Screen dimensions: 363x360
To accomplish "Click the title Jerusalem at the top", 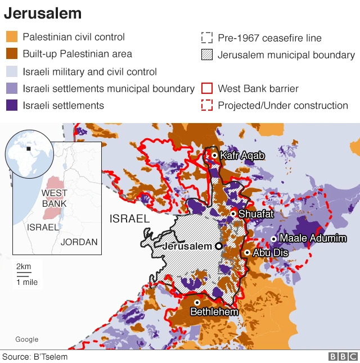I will pos(43,13).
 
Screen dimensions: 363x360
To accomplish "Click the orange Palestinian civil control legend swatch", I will pos(12,37).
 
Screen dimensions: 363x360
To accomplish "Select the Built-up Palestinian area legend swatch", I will pos(12,55).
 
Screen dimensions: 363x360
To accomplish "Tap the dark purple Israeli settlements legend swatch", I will pos(12,105).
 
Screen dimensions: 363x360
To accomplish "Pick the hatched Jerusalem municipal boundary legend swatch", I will pos(207,55).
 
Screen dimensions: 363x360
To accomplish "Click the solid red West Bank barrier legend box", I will pos(207,88).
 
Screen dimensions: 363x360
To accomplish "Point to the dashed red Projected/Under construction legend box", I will pos(207,105).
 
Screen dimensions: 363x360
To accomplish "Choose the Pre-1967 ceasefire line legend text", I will pos(269,38).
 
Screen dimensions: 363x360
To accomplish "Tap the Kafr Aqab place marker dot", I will pos(214,155).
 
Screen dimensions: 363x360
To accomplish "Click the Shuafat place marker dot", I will pos(233,214).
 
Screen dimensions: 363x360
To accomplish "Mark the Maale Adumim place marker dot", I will pos(273,239).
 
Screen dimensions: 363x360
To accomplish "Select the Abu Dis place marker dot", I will pos(247,253).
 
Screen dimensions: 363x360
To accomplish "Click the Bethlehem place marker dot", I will pos(197,302).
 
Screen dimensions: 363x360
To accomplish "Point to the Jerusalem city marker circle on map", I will pos(218,246).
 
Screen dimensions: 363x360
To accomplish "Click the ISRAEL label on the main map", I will pos(129,219).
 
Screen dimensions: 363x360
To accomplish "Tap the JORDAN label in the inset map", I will pos(79,242).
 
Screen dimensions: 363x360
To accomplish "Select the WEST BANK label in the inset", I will pos(55,198).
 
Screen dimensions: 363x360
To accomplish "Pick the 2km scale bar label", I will pos(24,266).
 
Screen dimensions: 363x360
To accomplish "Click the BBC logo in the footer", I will pos(343,356).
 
